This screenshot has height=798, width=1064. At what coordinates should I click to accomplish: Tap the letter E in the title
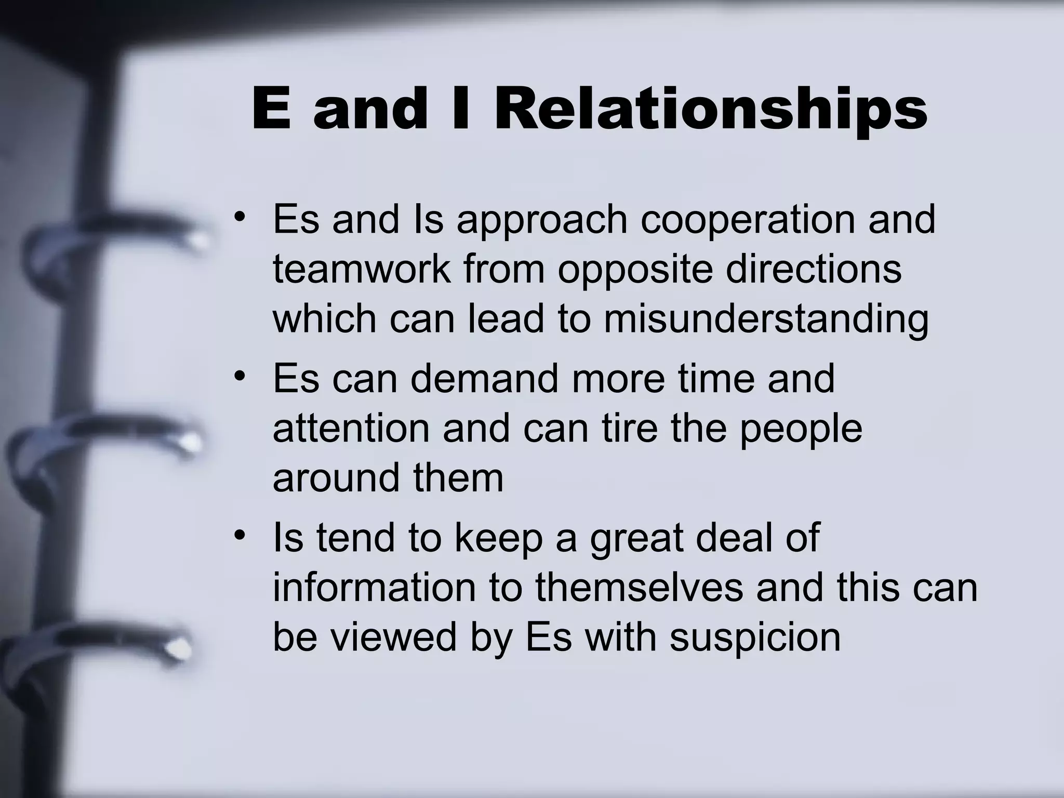(271, 109)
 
